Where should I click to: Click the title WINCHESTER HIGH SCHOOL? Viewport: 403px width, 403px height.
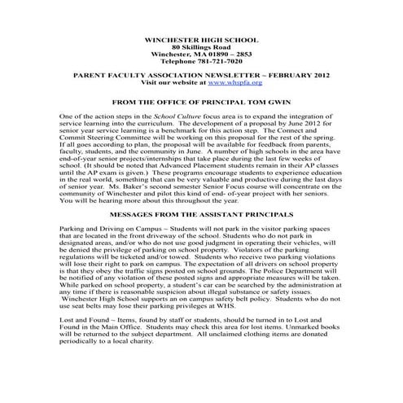(x=201, y=40)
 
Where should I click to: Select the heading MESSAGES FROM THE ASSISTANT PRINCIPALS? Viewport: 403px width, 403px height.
(x=201, y=211)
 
